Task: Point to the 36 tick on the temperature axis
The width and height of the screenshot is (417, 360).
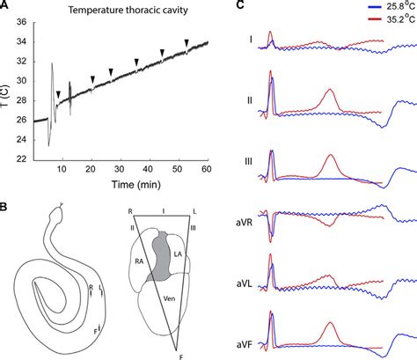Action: click(x=24, y=22)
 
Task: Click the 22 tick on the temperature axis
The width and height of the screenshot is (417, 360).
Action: click(x=24, y=158)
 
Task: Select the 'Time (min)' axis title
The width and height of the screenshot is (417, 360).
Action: click(x=121, y=186)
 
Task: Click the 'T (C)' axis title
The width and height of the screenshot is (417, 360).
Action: click(x=8, y=90)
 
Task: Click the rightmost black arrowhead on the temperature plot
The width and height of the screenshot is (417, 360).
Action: click(x=187, y=41)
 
